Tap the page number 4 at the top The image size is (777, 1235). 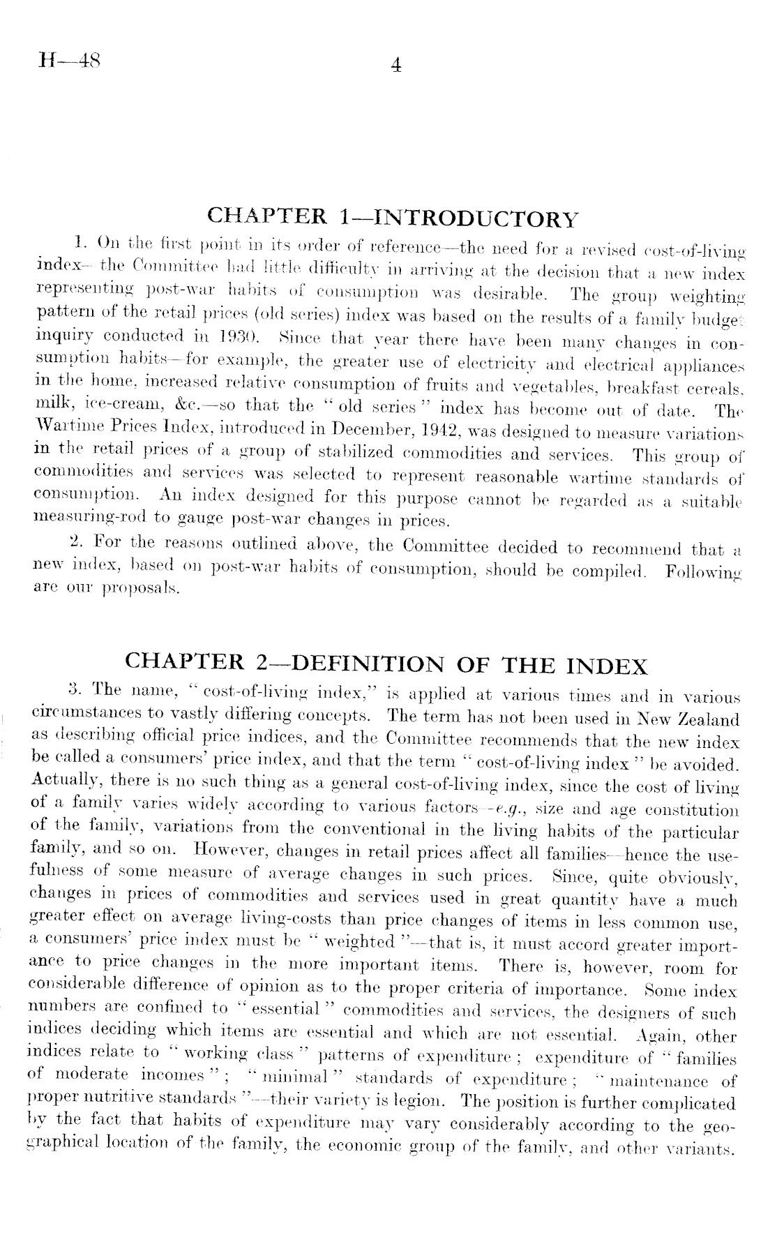pyautogui.click(x=395, y=66)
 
